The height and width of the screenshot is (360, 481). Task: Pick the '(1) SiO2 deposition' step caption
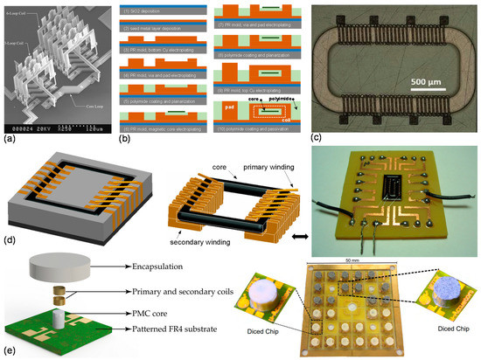pos(155,10)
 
